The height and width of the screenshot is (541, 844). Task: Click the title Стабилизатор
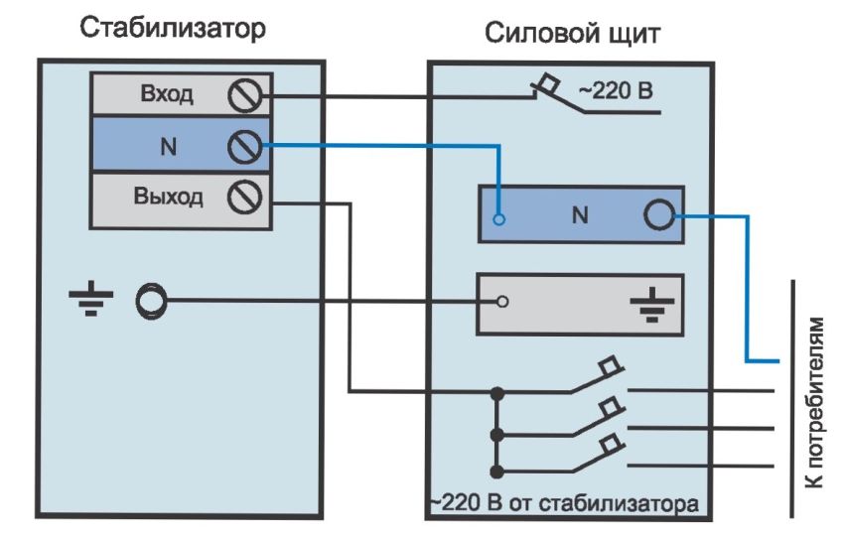click(x=173, y=29)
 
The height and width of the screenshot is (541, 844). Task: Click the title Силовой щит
click(x=573, y=35)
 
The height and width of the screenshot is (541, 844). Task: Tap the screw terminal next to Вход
click(x=243, y=96)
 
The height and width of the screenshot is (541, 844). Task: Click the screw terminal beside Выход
click(x=243, y=198)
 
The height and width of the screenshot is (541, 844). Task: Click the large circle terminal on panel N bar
click(x=659, y=214)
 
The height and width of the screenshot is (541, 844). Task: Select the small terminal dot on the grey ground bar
click(x=502, y=301)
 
